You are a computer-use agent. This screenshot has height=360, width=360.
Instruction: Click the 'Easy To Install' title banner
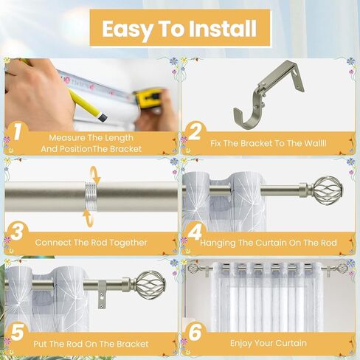pos(180,29)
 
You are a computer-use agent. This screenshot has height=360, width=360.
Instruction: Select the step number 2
pos(195,133)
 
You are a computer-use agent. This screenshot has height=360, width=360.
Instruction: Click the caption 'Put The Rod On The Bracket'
pos(91,344)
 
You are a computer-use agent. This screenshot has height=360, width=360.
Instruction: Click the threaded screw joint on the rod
pos(91,196)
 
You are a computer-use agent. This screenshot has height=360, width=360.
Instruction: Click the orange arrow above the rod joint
pos(91,173)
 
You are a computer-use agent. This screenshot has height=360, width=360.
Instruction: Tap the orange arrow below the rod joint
pos(89,218)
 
